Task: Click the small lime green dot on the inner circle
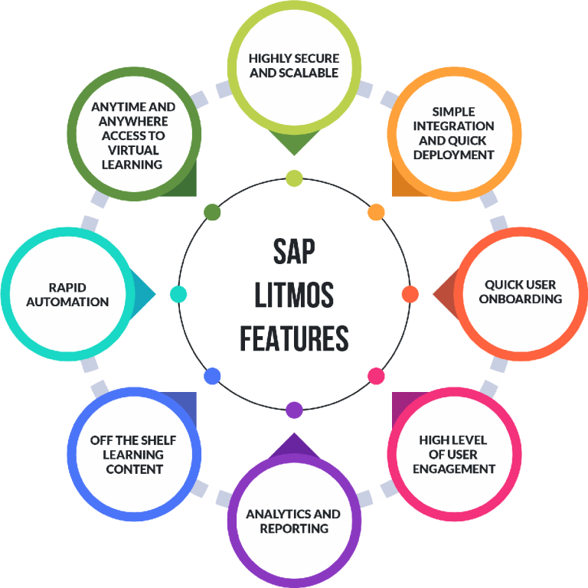click(x=294, y=178)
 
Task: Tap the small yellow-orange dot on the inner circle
click(x=376, y=211)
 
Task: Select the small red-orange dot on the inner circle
click(x=410, y=294)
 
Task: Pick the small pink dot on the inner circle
click(x=376, y=376)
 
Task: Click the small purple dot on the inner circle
click(x=294, y=410)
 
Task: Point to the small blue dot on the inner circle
click(x=212, y=376)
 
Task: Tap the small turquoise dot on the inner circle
click(x=178, y=294)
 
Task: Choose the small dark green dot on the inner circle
click(x=212, y=211)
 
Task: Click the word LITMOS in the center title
click(x=294, y=295)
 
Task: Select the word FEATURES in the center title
click(x=294, y=338)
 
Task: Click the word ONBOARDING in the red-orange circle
click(x=521, y=299)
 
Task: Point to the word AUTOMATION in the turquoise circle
click(x=67, y=302)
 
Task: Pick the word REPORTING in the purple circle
click(x=294, y=528)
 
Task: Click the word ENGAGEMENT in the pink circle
click(x=454, y=469)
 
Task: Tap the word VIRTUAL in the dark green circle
click(x=133, y=149)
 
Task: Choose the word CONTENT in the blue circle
click(x=134, y=469)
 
